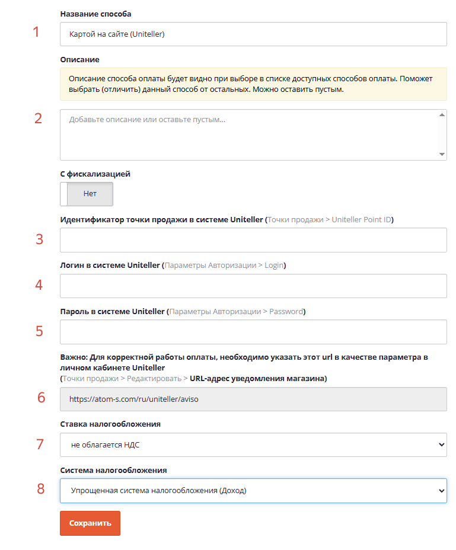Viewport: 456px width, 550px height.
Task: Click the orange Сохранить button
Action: [90, 523]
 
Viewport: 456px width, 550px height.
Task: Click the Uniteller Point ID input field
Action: [253, 240]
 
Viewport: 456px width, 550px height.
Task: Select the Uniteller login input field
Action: [253, 286]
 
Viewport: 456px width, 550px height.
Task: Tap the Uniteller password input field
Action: [253, 332]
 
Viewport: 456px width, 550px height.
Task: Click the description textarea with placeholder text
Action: [253, 135]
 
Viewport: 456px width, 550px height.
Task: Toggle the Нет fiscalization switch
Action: [87, 194]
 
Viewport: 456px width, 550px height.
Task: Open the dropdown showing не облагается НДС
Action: [253, 445]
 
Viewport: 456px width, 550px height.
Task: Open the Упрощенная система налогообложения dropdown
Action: [253, 490]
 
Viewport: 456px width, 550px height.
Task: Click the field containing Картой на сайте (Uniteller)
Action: [253, 34]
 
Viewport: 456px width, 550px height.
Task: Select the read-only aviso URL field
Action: [253, 399]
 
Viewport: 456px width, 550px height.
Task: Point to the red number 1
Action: [36, 32]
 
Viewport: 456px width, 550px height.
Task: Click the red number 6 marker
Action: [41, 398]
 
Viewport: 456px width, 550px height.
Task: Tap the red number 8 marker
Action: [41, 488]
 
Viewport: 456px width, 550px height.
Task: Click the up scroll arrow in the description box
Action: [442, 115]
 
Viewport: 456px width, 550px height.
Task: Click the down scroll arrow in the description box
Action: [442, 154]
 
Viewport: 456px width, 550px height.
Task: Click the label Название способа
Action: [95, 14]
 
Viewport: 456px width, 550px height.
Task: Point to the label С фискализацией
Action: [95, 174]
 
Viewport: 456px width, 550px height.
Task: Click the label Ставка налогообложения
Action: [110, 424]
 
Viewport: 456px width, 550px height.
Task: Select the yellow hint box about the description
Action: [253, 84]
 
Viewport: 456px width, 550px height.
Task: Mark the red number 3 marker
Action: [39, 239]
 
